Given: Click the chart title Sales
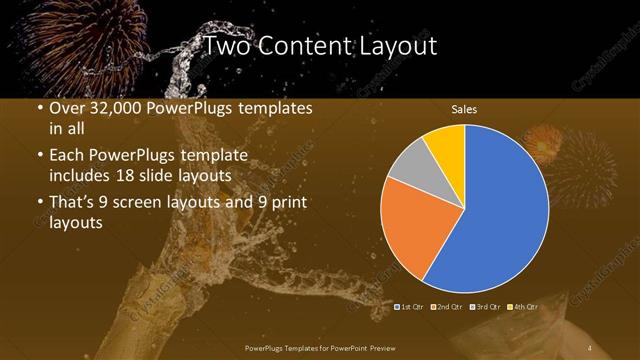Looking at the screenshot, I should click(463, 108).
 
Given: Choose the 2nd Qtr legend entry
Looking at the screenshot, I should click(448, 306).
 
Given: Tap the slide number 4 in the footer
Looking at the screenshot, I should click(590, 347).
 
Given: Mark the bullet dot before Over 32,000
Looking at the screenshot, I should click(38, 109).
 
